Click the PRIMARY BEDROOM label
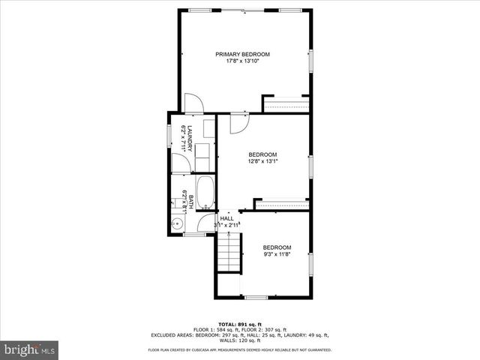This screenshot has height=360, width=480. point(242,54)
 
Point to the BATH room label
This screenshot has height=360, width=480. point(190,202)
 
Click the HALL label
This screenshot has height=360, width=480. point(226,218)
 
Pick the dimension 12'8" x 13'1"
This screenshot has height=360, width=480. point(262,160)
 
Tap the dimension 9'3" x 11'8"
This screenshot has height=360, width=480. point(276,254)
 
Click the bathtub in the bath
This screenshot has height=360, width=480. point(205,193)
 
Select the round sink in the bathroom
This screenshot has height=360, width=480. point(177,223)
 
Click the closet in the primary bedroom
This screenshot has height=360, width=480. point(285,103)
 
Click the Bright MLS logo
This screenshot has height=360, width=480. point(30,349)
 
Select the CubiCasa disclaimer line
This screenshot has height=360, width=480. point(240,349)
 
